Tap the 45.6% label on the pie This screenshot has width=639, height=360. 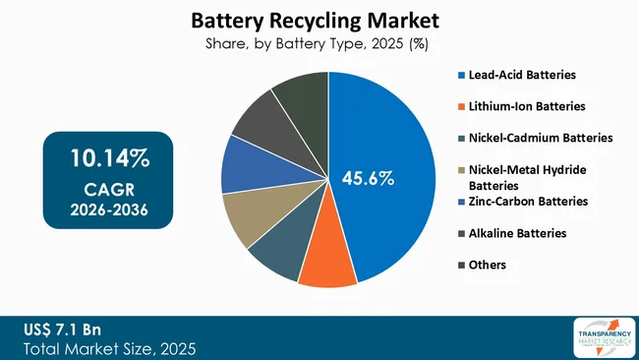(368, 178)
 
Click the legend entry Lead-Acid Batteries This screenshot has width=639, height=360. (523, 75)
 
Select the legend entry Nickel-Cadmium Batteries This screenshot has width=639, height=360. (541, 138)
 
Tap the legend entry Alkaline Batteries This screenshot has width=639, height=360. (516, 233)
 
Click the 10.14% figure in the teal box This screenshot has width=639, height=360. (108, 158)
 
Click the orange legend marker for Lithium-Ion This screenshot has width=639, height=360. (462, 106)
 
